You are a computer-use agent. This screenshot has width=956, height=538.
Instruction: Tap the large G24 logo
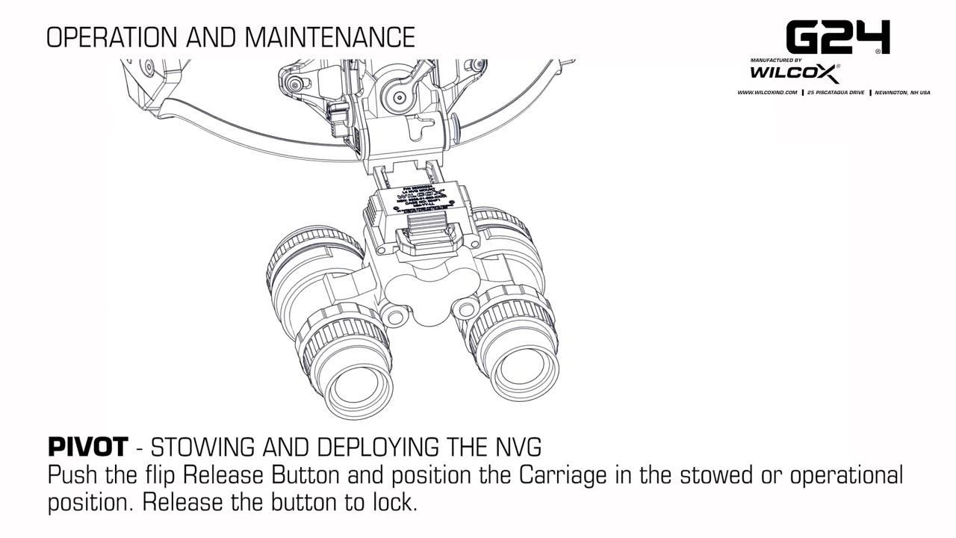click(x=837, y=37)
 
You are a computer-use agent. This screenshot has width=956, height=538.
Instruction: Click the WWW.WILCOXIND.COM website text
click(x=767, y=93)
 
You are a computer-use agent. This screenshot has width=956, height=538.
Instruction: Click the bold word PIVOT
click(x=88, y=448)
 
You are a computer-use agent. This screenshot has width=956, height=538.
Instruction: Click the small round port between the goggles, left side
click(x=395, y=314)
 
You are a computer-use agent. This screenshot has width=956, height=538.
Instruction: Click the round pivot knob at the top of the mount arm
click(x=397, y=95)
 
